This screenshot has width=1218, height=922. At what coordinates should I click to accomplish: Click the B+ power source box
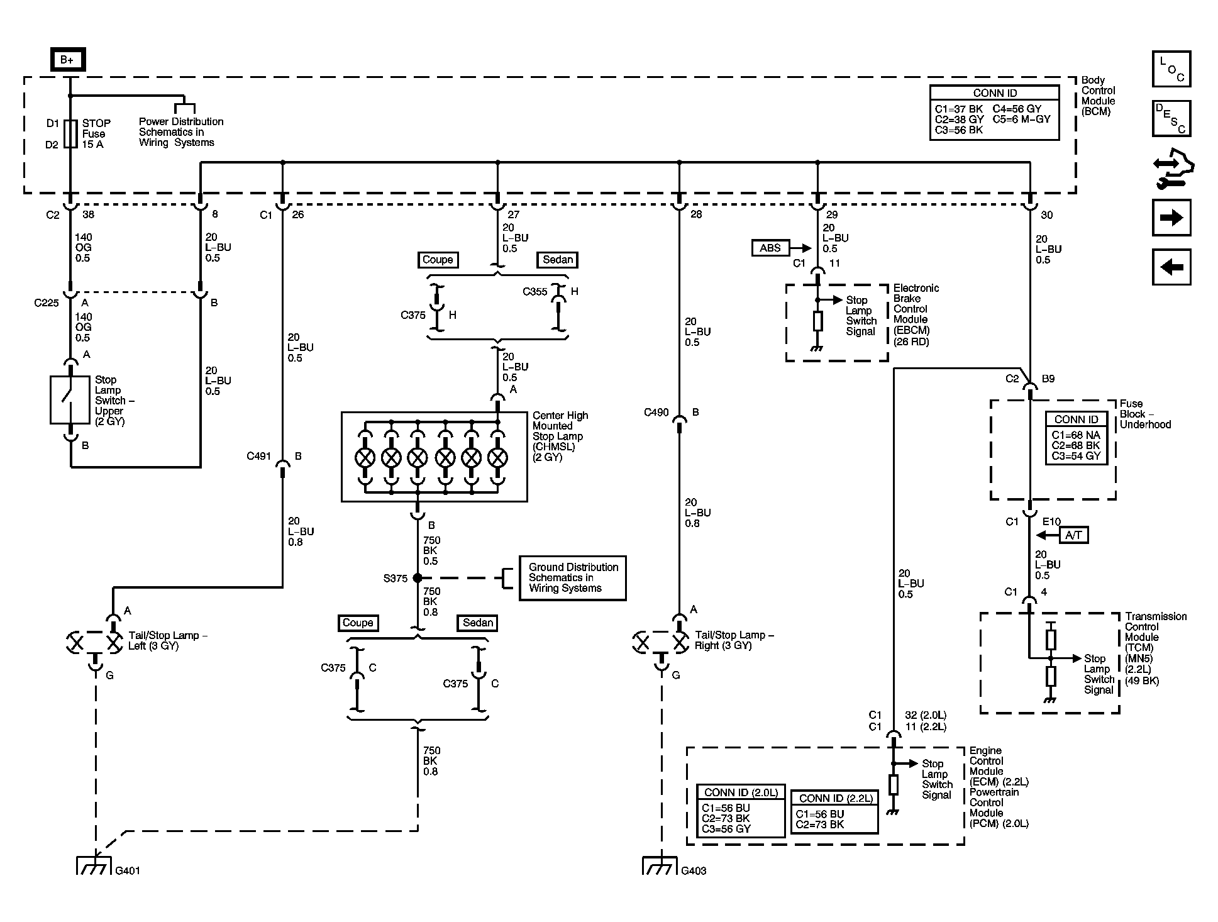[67, 60]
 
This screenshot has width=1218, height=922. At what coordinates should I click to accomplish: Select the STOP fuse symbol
[70, 133]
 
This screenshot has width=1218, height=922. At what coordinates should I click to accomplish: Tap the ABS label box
[770, 248]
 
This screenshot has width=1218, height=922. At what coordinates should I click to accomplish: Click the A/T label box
[1073, 535]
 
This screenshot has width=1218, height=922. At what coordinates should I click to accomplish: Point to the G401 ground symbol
[94, 866]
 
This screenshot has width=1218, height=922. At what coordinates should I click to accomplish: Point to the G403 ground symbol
[660, 866]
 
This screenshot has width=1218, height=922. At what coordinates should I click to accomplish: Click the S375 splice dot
[418, 578]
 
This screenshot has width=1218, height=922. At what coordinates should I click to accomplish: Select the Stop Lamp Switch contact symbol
[70, 400]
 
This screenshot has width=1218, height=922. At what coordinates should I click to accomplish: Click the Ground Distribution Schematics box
[572, 578]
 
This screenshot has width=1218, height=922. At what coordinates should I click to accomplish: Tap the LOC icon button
[1171, 69]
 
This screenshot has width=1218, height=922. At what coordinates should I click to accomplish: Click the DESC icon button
[1171, 118]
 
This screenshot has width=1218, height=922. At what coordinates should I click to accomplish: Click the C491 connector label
[258, 456]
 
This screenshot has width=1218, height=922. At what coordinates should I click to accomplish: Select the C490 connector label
[656, 413]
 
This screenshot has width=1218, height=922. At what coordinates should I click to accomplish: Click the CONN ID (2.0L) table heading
[741, 792]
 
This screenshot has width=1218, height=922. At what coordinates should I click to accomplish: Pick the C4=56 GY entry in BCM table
[1017, 109]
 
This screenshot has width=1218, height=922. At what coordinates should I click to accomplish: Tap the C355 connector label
[535, 292]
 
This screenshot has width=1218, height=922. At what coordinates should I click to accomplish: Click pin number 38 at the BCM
[88, 214]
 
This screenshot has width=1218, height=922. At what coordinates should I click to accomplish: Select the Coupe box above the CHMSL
[438, 260]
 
